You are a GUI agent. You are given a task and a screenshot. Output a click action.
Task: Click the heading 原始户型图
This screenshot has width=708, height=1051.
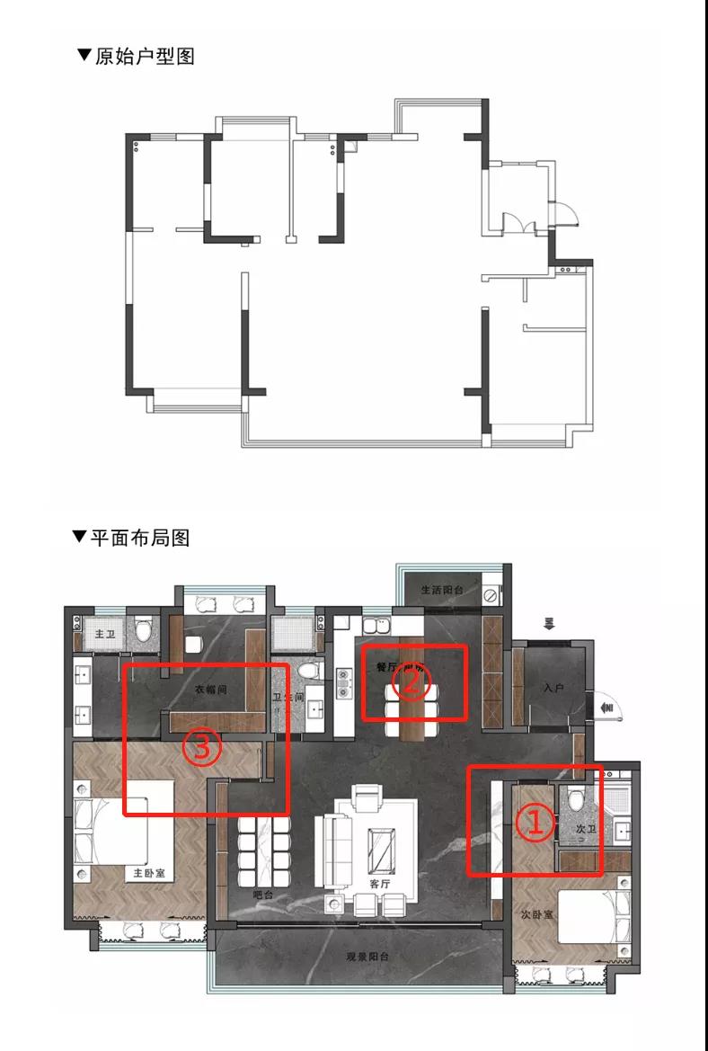point(136,56)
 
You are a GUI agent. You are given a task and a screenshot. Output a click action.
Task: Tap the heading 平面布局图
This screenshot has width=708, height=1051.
point(131,538)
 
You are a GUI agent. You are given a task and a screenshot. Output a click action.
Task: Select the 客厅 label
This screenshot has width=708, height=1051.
point(380,883)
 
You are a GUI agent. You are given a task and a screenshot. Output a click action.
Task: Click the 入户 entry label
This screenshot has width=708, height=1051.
point(553,688)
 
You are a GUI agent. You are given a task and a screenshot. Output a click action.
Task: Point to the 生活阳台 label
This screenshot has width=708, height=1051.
point(441,590)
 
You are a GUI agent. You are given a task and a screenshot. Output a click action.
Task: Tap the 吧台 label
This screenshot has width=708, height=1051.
point(264,895)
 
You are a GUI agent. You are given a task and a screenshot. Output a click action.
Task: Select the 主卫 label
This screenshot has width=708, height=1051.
point(104,634)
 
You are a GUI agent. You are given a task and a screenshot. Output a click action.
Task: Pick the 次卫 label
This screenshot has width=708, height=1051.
point(587,828)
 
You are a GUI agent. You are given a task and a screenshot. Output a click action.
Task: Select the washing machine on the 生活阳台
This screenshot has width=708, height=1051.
point(491,595)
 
